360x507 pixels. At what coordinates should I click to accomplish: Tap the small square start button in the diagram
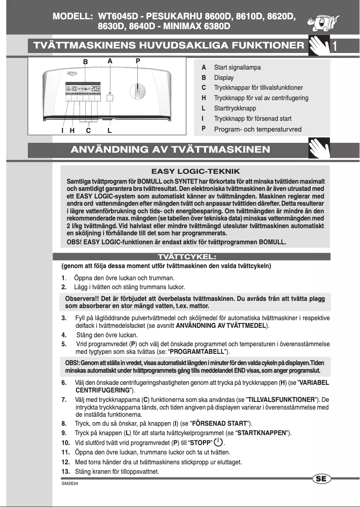tap(110, 98)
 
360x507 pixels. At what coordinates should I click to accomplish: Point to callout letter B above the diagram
tap(84, 61)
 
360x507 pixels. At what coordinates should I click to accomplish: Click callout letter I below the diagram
tap(62, 131)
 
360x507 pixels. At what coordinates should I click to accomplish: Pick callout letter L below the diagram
tap(110, 131)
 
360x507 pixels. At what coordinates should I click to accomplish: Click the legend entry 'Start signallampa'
tap(237, 67)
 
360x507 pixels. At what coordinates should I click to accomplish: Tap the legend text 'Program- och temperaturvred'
tap(258, 129)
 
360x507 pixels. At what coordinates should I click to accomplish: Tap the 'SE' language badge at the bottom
tap(320, 479)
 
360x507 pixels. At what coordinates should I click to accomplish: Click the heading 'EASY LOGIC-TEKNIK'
tap(195, 172)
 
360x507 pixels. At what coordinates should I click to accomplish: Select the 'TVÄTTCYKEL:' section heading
tap(191, 257)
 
